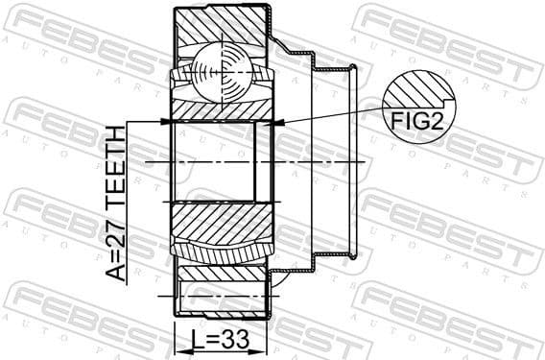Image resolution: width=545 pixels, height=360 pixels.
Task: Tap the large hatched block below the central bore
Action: [221, 230]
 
